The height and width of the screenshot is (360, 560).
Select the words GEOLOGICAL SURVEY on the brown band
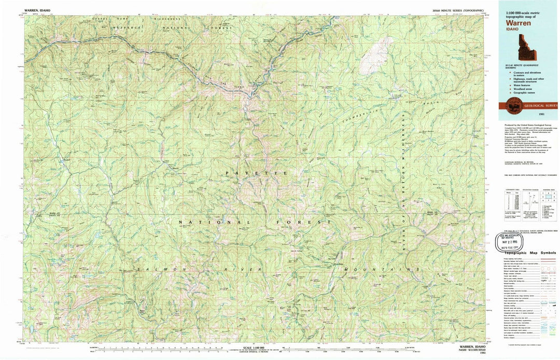(x=541, y=105)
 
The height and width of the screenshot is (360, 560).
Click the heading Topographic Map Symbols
(x=529, y=252)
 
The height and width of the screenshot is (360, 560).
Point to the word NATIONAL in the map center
(x=204, y=222)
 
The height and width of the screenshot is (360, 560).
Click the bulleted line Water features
(x=519, y=85)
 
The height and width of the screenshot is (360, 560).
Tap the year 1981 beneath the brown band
(x=541, y=113)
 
